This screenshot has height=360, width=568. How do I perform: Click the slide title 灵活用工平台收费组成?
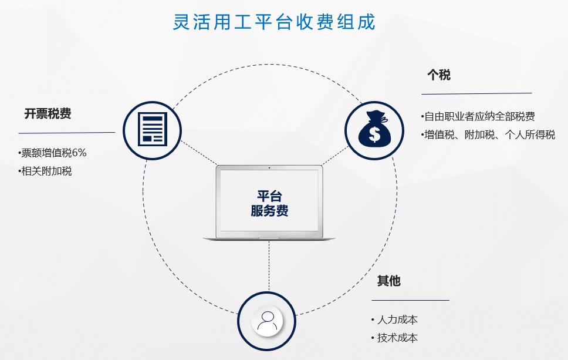coord(274,22)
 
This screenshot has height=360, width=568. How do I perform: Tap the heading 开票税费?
coord(48,114)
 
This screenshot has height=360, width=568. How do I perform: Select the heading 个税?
coord(439,75)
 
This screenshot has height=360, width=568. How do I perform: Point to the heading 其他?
coord(388,281)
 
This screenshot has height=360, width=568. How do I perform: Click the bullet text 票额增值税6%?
coord(53,153)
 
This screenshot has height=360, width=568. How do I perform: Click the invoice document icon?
coord(153,129)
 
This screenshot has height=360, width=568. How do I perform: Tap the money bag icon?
coord(374,129)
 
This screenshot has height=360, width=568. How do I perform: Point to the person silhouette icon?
coord(267,321)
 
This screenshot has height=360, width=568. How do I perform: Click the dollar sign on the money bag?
coord(374,134)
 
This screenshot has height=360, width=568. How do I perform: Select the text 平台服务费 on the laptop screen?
coord(269,203)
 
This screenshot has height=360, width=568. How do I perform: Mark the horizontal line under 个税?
coord(476,94)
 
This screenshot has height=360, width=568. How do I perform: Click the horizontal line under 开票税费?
coord(67,133)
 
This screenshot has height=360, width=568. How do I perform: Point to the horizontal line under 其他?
coord(410,300)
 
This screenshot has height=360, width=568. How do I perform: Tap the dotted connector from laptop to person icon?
coord(269,265)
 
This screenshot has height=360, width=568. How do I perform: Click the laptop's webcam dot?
coord(269,168)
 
